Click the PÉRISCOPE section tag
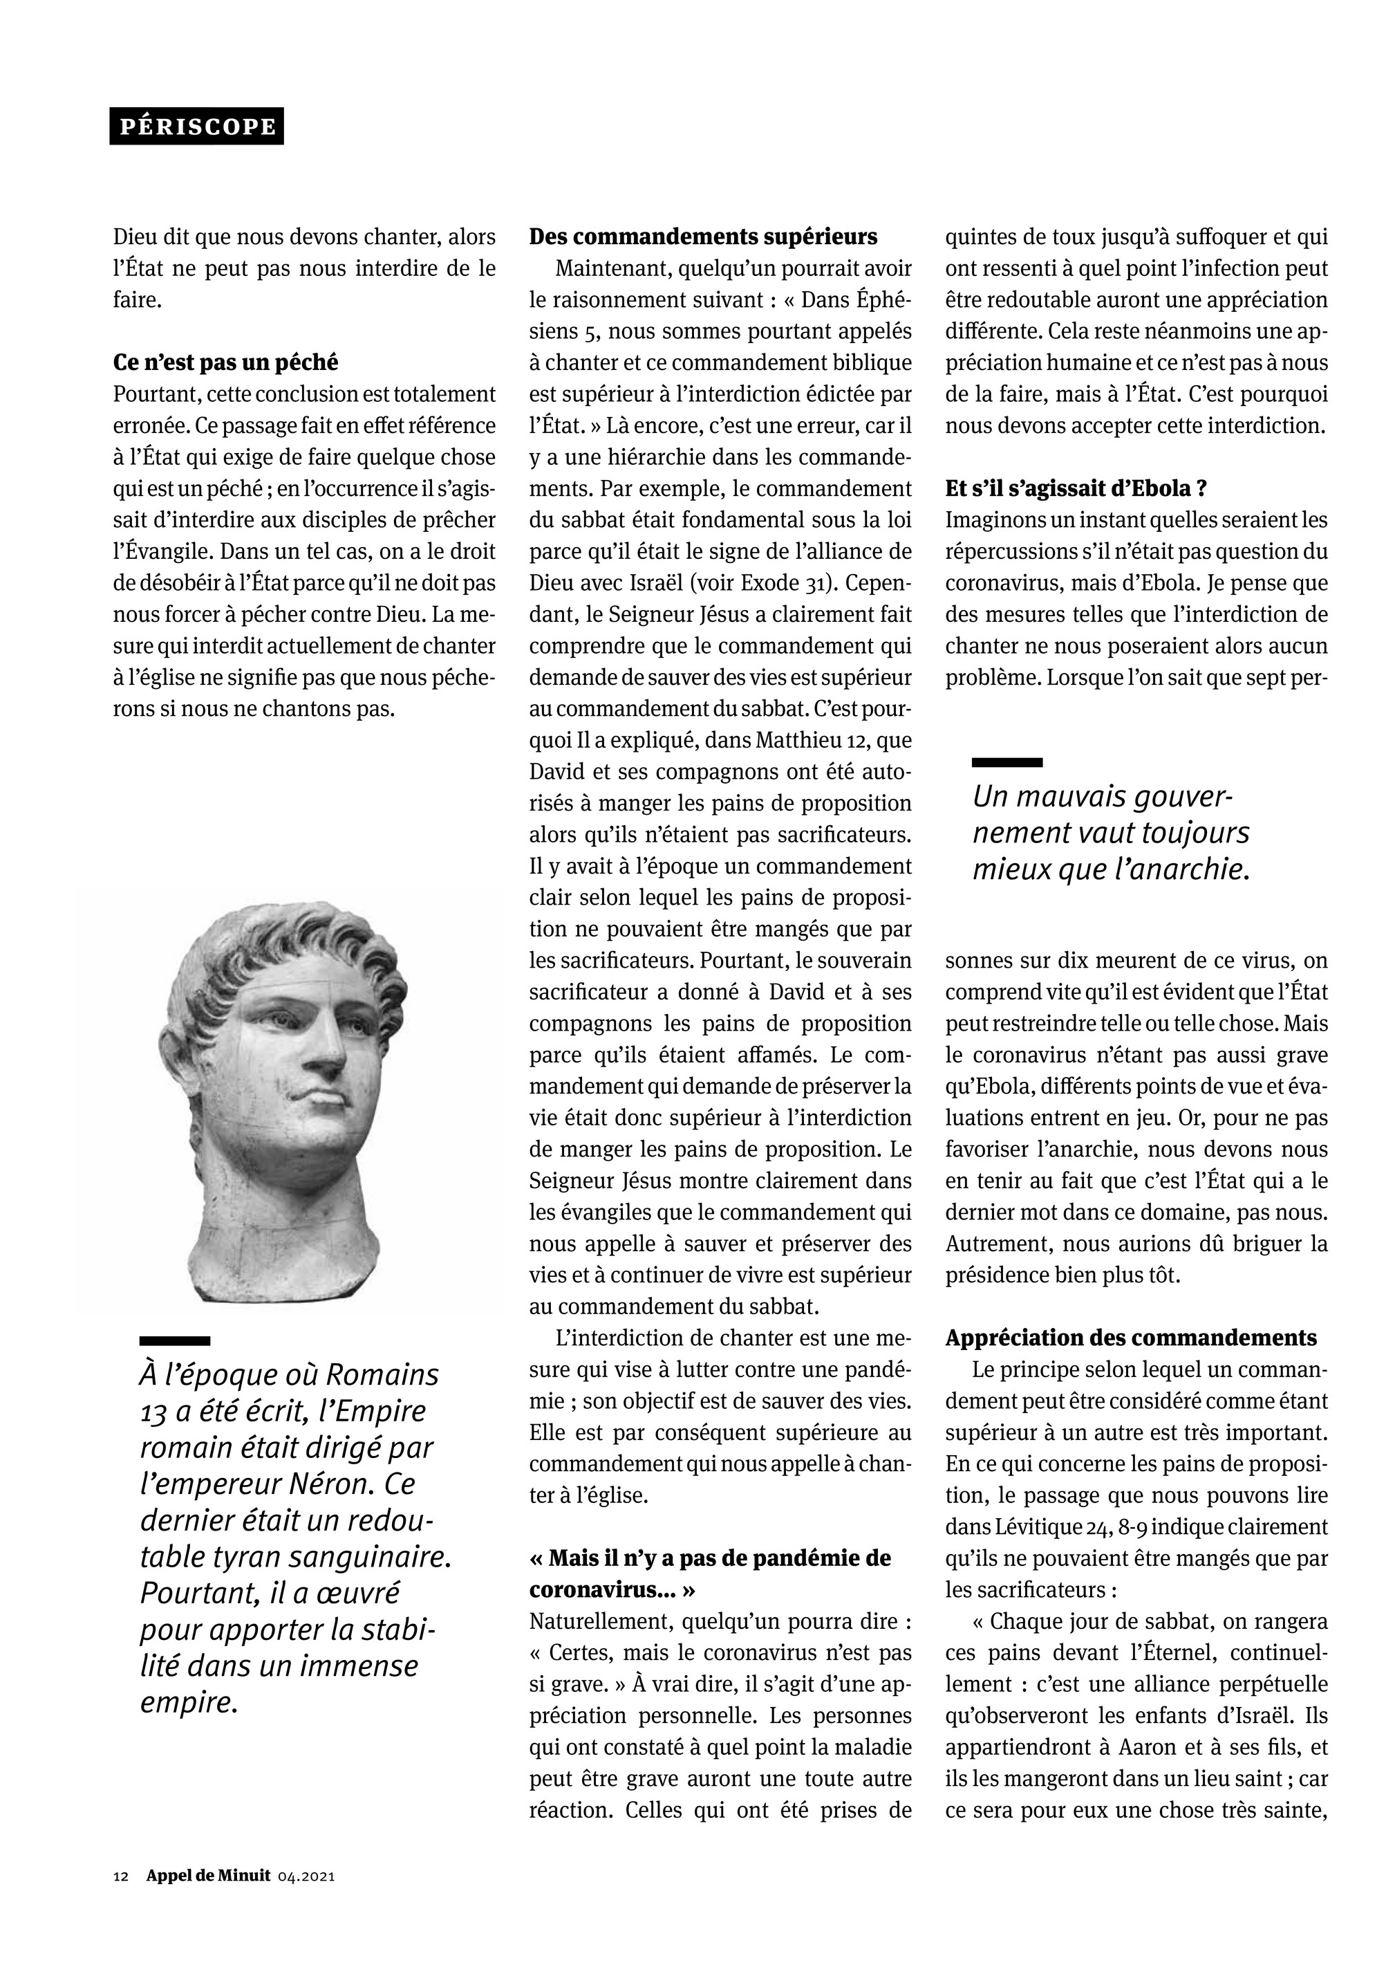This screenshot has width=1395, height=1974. pyautogui.click(x=197, y=127)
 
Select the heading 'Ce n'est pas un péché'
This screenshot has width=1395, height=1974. pyautogui.click(x=225, y=363)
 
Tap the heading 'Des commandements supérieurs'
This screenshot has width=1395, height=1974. pyautogui.click(x=703, y=237)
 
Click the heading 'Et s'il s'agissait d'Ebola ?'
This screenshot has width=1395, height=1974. pyautogui.click(x=1076, y=488)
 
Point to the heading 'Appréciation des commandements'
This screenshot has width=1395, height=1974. pyautogui.click(x=1131, y=1338)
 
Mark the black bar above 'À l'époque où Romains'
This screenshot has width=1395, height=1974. pyautogui.click(x=176, y=1340)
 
